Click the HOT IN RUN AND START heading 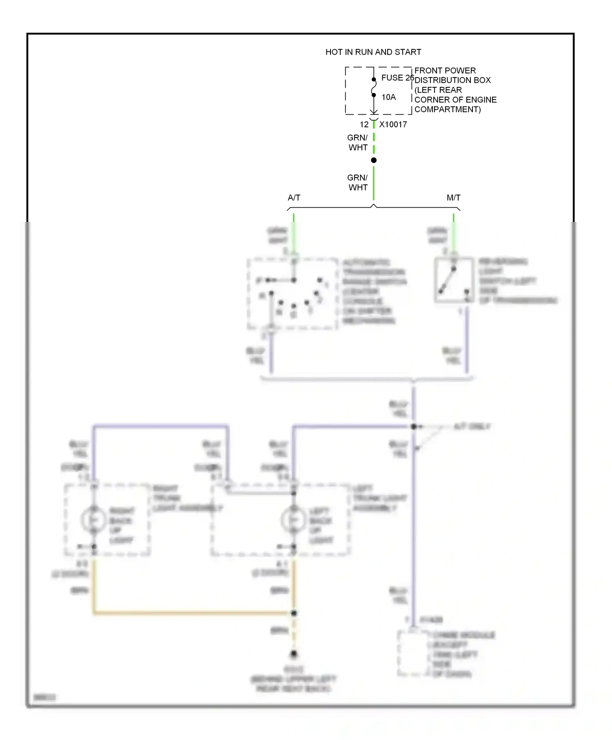click(373, 52)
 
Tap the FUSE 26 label click(397, 78)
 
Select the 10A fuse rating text click(388, 97)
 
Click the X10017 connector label click(393, 125)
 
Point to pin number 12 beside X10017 click(364, 125)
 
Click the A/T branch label click(294, 198)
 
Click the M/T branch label click(453, 198)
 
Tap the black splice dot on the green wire click(374, 160)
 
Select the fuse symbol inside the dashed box click(374, 87)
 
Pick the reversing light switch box click(454, 280)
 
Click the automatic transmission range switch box click(292, 293)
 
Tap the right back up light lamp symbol click(93, 520)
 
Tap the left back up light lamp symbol click(293, 520)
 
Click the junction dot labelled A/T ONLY click(414, 427)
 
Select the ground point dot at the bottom click(294, 654)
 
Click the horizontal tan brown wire click(192, 613)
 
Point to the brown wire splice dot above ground click(294, 613)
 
